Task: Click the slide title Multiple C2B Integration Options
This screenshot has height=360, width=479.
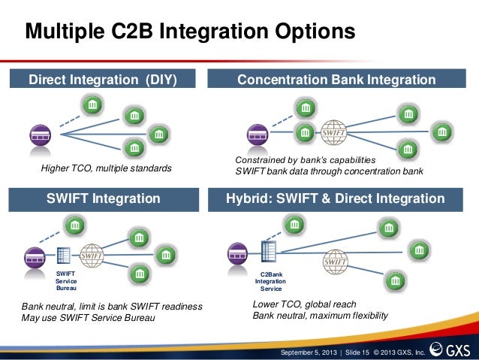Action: tap(189, 32)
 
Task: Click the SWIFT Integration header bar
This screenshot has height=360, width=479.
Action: tap(104, 199)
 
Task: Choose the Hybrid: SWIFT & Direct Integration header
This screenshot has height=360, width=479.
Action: tap(336, 199)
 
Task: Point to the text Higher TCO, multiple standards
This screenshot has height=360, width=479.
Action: tap(106, 169)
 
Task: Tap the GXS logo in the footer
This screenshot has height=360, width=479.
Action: tap(453, 350)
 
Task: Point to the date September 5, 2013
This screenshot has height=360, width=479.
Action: tap(308, 352)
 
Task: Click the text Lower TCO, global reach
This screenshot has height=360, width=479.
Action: tap(304, 304)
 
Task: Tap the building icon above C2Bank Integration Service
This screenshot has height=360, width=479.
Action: tap(268, 252)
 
